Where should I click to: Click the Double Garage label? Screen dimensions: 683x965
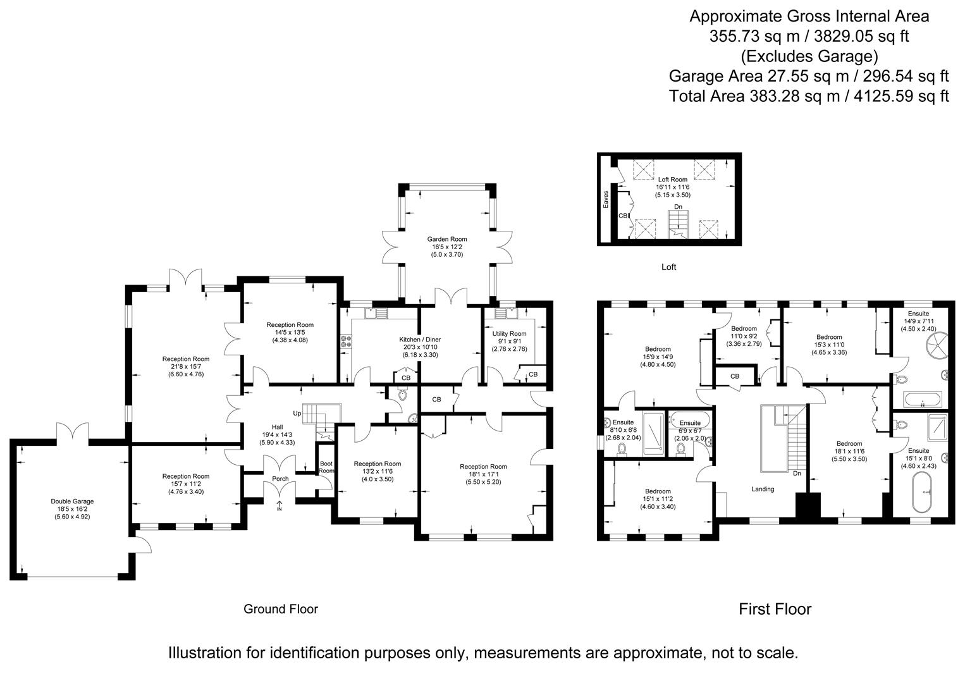(72, 501)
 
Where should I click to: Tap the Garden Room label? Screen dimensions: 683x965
(447, 239)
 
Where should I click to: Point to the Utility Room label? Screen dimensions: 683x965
(509, 333)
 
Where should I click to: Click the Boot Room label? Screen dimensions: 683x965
(326, 467)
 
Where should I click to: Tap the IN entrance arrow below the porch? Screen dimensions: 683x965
(280, 507)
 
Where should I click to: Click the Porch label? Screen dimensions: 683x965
(280, 479)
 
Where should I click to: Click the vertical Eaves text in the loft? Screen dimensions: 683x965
(606, 199)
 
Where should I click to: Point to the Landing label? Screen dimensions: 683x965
(762, 489)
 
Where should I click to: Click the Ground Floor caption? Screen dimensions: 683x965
(281, 609)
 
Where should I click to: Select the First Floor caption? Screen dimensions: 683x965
(775, 609)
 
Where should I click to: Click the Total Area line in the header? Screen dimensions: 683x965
(809, 96)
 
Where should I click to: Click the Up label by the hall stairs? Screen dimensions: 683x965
(297, 413)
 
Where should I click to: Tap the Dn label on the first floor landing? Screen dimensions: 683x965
(797, 473)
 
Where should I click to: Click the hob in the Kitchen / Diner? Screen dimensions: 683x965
(346, 342)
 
